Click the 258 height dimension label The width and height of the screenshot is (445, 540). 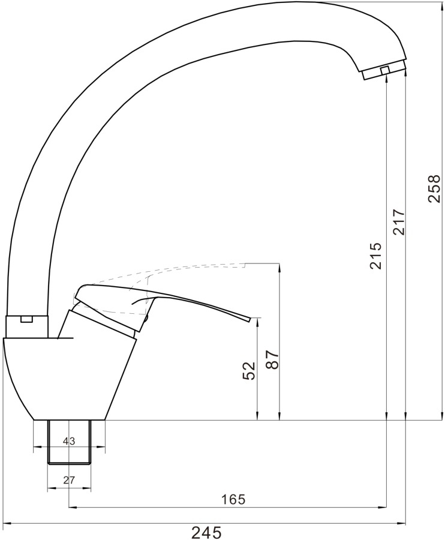434,189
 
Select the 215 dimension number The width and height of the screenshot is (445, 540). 375,256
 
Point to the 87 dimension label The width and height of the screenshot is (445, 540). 272,360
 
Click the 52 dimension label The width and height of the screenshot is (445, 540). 249,371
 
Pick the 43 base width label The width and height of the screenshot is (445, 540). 69,441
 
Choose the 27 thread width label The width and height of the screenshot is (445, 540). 69,480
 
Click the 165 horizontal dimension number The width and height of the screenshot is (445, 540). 233,499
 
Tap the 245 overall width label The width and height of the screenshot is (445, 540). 206,532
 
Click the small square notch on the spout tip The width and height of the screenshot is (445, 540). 385,70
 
